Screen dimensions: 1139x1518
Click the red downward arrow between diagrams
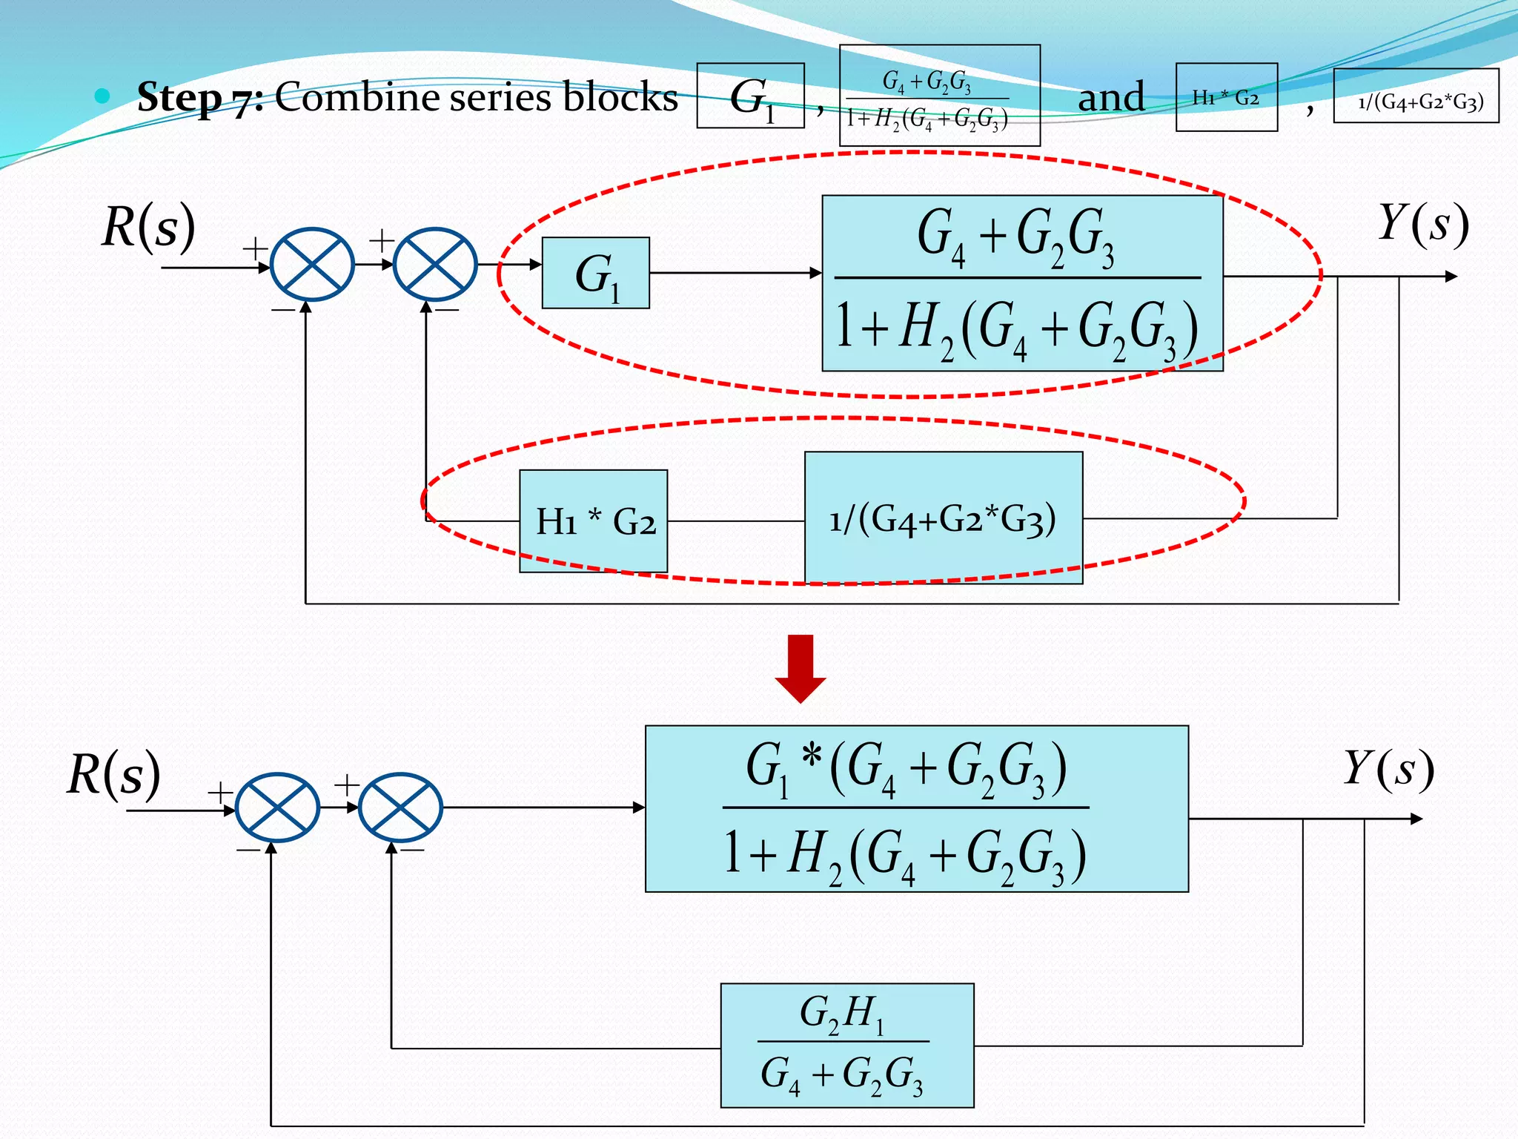(800, 668)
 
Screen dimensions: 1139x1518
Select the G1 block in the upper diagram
(596, 273)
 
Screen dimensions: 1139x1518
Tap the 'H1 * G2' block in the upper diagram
(593, 521)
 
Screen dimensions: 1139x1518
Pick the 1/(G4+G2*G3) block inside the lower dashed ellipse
(943, 518)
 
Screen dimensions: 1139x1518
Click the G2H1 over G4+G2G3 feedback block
(846, 1045)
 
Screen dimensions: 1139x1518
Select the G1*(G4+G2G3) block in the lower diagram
(916, 808)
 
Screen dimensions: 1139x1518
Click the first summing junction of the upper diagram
(312, 264)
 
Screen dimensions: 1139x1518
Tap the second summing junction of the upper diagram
(434, 264)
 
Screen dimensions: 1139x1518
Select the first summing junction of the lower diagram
(277, 808)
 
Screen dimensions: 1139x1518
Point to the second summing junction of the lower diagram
(400, 808)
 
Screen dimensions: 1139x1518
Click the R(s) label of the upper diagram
(148, 226)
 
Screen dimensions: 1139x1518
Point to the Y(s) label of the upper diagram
(1422, 224)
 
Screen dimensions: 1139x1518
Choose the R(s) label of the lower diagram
(114, 773)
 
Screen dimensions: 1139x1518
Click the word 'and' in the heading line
(1110, 97)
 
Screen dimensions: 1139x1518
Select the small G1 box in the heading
(750, 96)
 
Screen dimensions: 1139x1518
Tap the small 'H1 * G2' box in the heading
(1226, 97)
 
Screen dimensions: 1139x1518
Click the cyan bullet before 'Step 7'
(103, 96)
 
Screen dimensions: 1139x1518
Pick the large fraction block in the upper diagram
(1021, 283)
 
